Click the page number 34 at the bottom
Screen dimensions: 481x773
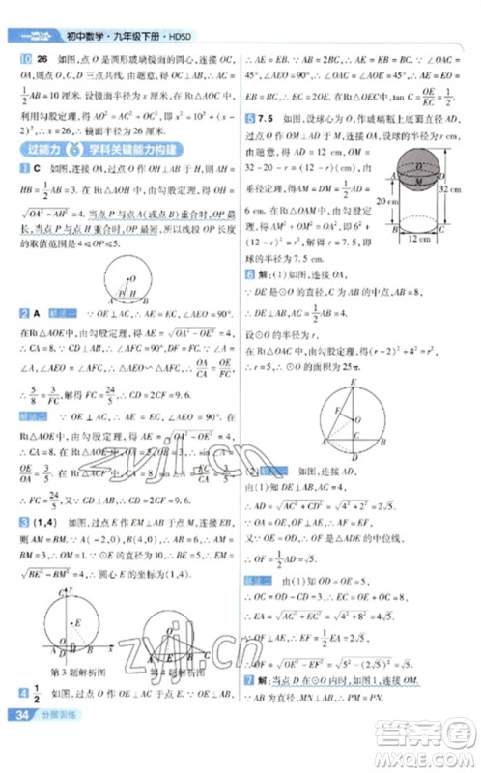point(19,742)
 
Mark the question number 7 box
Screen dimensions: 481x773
point(249,679)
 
